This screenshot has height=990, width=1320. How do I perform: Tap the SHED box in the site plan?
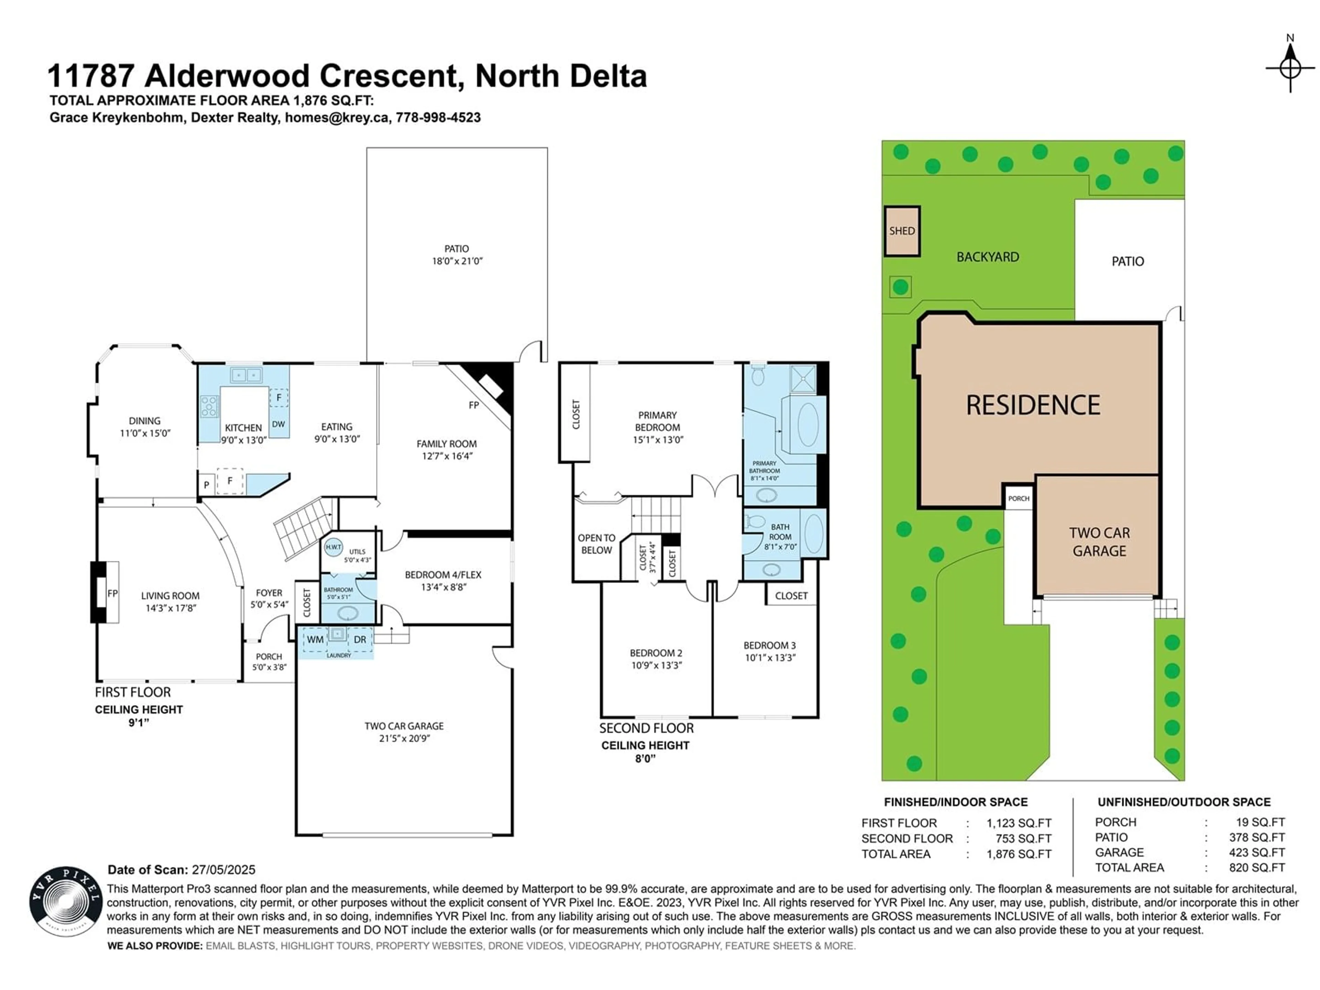pyautogui.click(x=902, y=231)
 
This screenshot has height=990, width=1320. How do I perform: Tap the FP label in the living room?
pyautogui.click(x=112, y=593)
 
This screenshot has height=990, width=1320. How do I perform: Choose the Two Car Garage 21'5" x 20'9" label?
pyautogui.click(x=404, y=731)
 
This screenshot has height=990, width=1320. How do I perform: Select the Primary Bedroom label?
pyautogui.click(x=658, y=427)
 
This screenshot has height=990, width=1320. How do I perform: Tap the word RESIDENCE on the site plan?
pyautogui.click(x=1033, y=405)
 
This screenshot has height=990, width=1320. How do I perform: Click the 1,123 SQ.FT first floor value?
pyautogui.click(x=1019, y=823)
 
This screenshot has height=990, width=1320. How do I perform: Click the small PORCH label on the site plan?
pyautogui.click(x=1019, y=498)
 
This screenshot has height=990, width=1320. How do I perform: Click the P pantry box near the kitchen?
pyautogui.click(x=207, y=485)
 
